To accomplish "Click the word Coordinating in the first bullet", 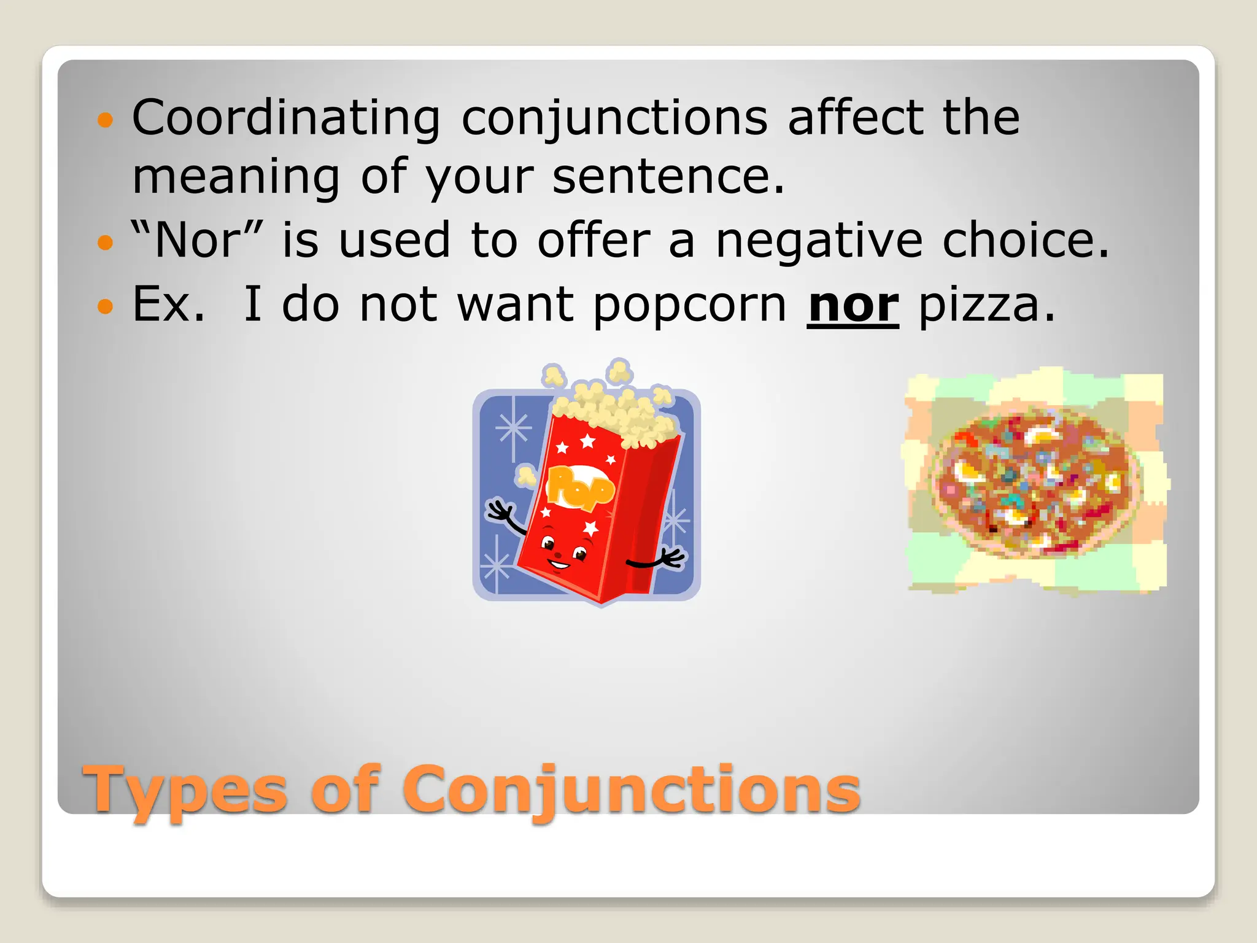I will pos(286,118).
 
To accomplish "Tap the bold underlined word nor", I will pos(853,305).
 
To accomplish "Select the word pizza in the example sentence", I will pos(987,305).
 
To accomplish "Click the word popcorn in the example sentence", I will pos(689,305).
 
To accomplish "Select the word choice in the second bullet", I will pos(1025,241).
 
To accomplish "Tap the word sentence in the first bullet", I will pos(668,177).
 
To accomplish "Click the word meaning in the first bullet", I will pos(236,177).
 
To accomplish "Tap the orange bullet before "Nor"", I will pos(106,243).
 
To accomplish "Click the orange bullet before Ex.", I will pos(106,306).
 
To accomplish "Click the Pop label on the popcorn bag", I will pos(579,487).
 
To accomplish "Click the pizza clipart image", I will pos(1036,482).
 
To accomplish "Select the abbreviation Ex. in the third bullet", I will pos(168,305).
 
